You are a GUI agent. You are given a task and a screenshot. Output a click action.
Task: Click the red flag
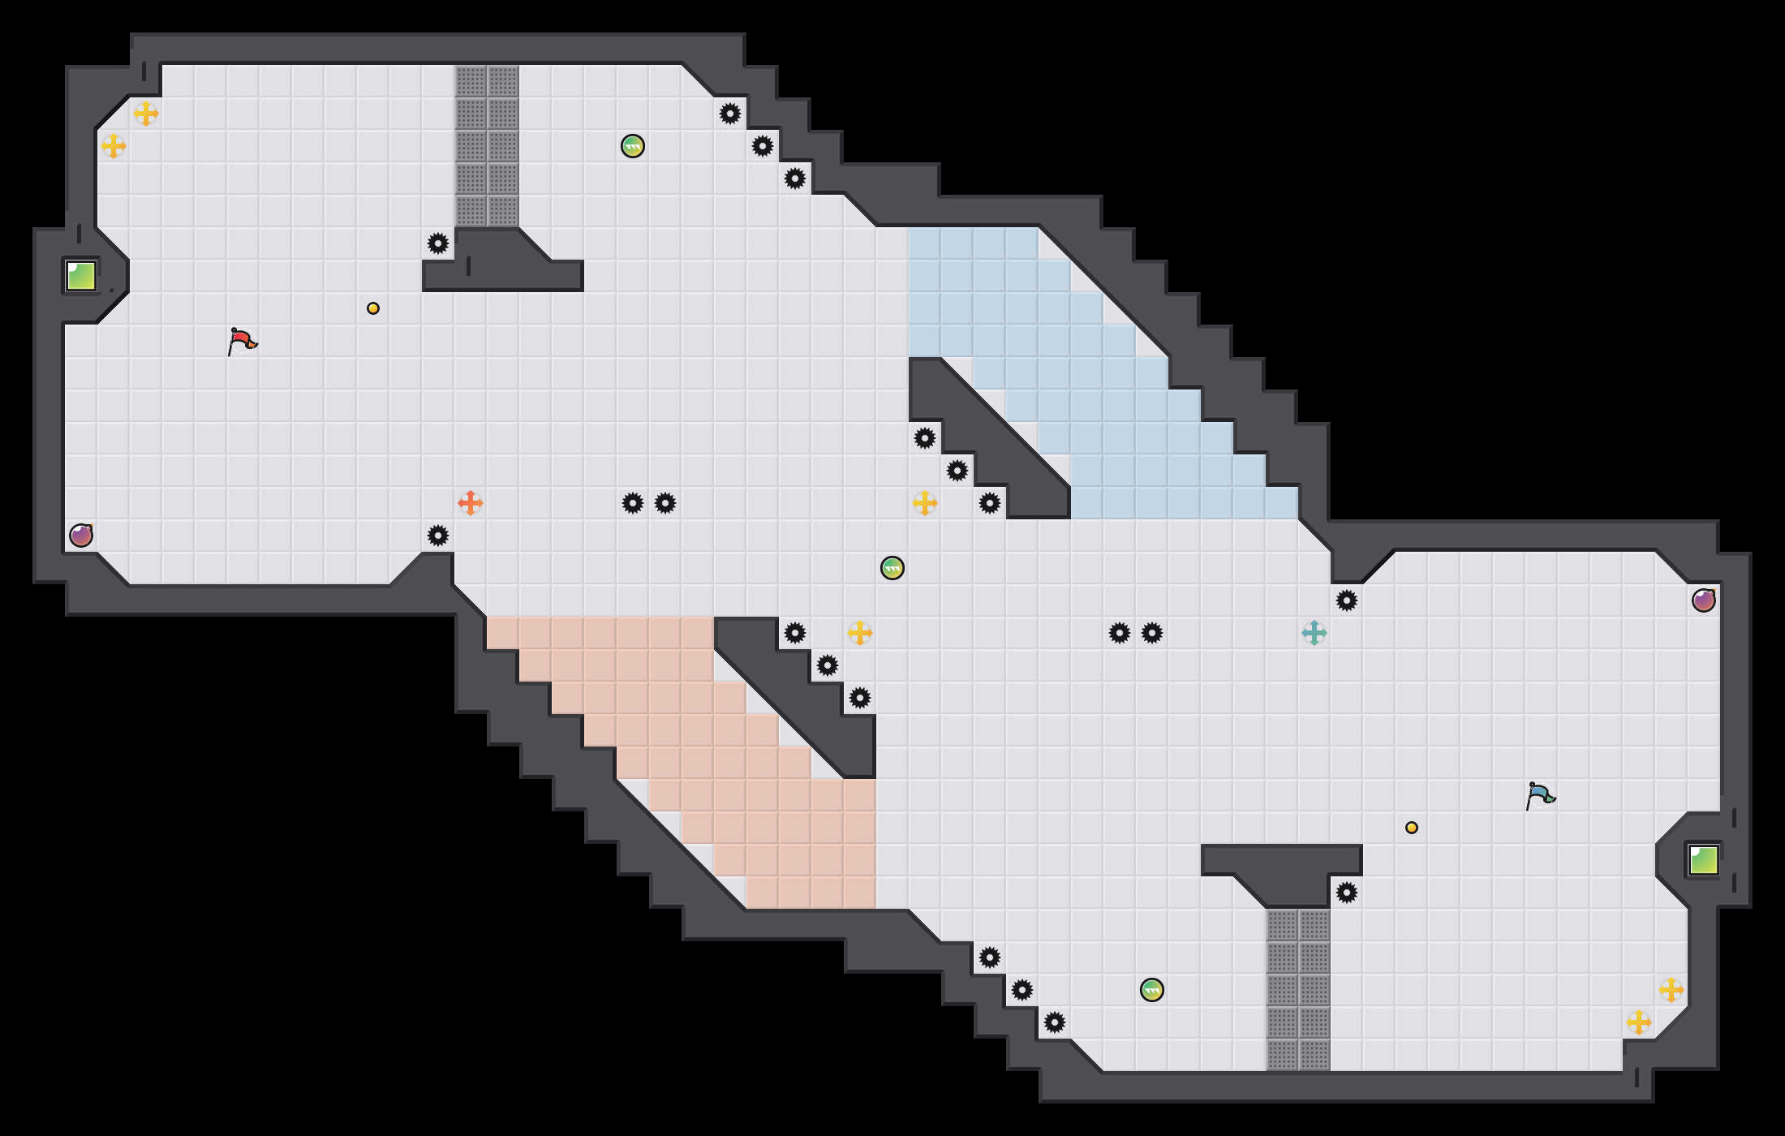tap(242, 341)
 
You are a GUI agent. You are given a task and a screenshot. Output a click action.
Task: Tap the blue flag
tap(1540, 795)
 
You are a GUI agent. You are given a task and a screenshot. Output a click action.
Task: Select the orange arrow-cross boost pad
tap(471, 503)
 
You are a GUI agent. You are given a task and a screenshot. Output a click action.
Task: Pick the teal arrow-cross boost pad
tap(1314, 633)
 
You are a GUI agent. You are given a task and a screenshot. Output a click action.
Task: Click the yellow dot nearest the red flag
tap(373, 308)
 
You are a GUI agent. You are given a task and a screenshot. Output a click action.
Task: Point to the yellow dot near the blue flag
tap(1412, 828)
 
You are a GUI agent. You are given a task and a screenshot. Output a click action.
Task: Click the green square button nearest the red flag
tap(81, 276)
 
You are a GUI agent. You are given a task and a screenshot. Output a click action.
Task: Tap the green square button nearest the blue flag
tap(1704, 860)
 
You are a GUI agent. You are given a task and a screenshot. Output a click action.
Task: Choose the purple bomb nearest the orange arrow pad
tap(81, 536)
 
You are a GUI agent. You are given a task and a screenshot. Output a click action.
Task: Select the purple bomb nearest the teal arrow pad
tap(1704, 600)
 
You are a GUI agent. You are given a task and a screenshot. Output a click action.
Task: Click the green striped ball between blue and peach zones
tap(892, 568)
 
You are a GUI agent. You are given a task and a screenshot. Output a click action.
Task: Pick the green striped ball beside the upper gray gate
tap(633, 146)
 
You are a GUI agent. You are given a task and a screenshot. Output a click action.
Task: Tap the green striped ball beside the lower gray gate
tap(1152, 990)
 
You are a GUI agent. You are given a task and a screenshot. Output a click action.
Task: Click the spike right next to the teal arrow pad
tap(1347, 600)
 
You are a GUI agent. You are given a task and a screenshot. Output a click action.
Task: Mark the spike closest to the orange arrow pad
tap(438, 536)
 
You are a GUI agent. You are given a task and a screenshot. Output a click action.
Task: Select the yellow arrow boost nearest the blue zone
tap(925, 503)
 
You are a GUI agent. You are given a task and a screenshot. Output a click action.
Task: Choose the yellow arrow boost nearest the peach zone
tap(860, 633)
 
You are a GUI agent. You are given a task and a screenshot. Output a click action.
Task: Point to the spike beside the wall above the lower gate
tap(1347, 893)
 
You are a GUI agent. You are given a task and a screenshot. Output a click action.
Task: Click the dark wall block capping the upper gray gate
tap(503, 260)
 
